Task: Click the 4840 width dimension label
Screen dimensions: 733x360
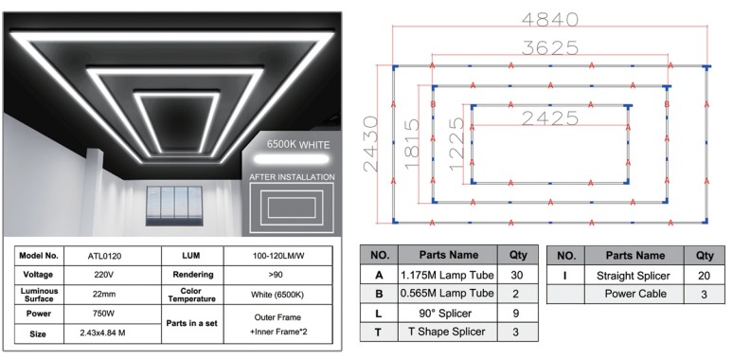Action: click(x=550, y=19)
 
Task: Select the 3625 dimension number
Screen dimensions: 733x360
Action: click(x=550, y=47)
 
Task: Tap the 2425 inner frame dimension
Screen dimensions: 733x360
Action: click(x=550, y=118)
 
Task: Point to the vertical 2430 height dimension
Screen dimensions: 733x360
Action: click(x=370, y=144)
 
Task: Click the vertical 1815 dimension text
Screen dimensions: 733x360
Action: click(x=412, y=144)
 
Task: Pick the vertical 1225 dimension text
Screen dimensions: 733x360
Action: click(x=456, y=144)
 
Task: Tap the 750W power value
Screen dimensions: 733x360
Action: click(x=105, y=314)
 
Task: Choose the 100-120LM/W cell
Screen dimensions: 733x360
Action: click(x=277, y=256)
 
